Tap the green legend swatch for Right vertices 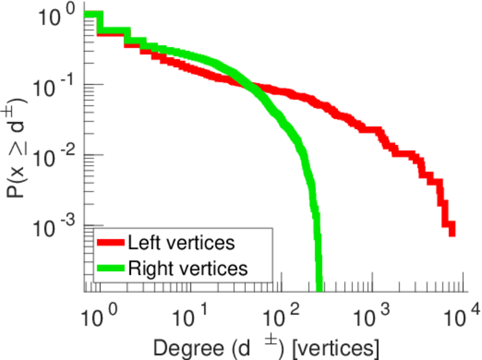click(111, 268)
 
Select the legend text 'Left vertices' click(181, 244)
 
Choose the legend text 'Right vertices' click(187, 268)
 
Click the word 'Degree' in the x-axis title click(184, 347)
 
